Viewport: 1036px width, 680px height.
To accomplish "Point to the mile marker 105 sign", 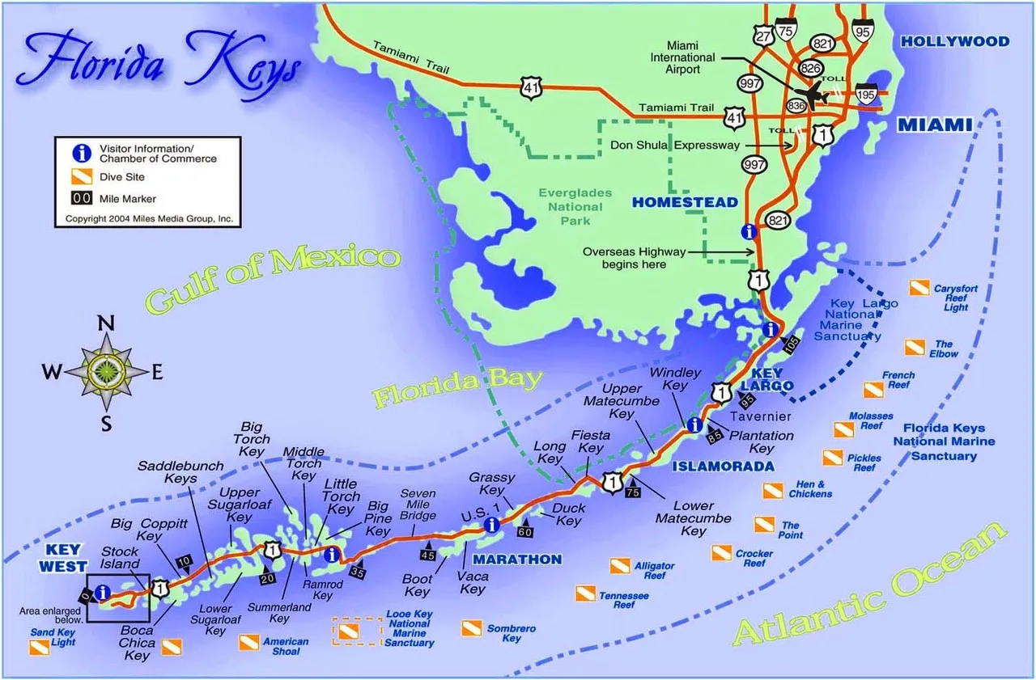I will (x=791, y=344).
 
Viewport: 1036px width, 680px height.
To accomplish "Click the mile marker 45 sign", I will (x=427, y=554).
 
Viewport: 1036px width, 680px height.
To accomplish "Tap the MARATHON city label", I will (x=517, y=560).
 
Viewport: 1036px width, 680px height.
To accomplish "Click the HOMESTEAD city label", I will (x=685, y=202).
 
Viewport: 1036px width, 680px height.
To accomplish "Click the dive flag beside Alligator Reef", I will (x=620, y=565).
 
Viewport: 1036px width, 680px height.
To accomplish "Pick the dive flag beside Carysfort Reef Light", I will (x=918, y=288).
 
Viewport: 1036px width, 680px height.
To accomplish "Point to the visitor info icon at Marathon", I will (x=490, y=525).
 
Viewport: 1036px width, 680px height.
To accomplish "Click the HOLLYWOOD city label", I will (x=955, y=41).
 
